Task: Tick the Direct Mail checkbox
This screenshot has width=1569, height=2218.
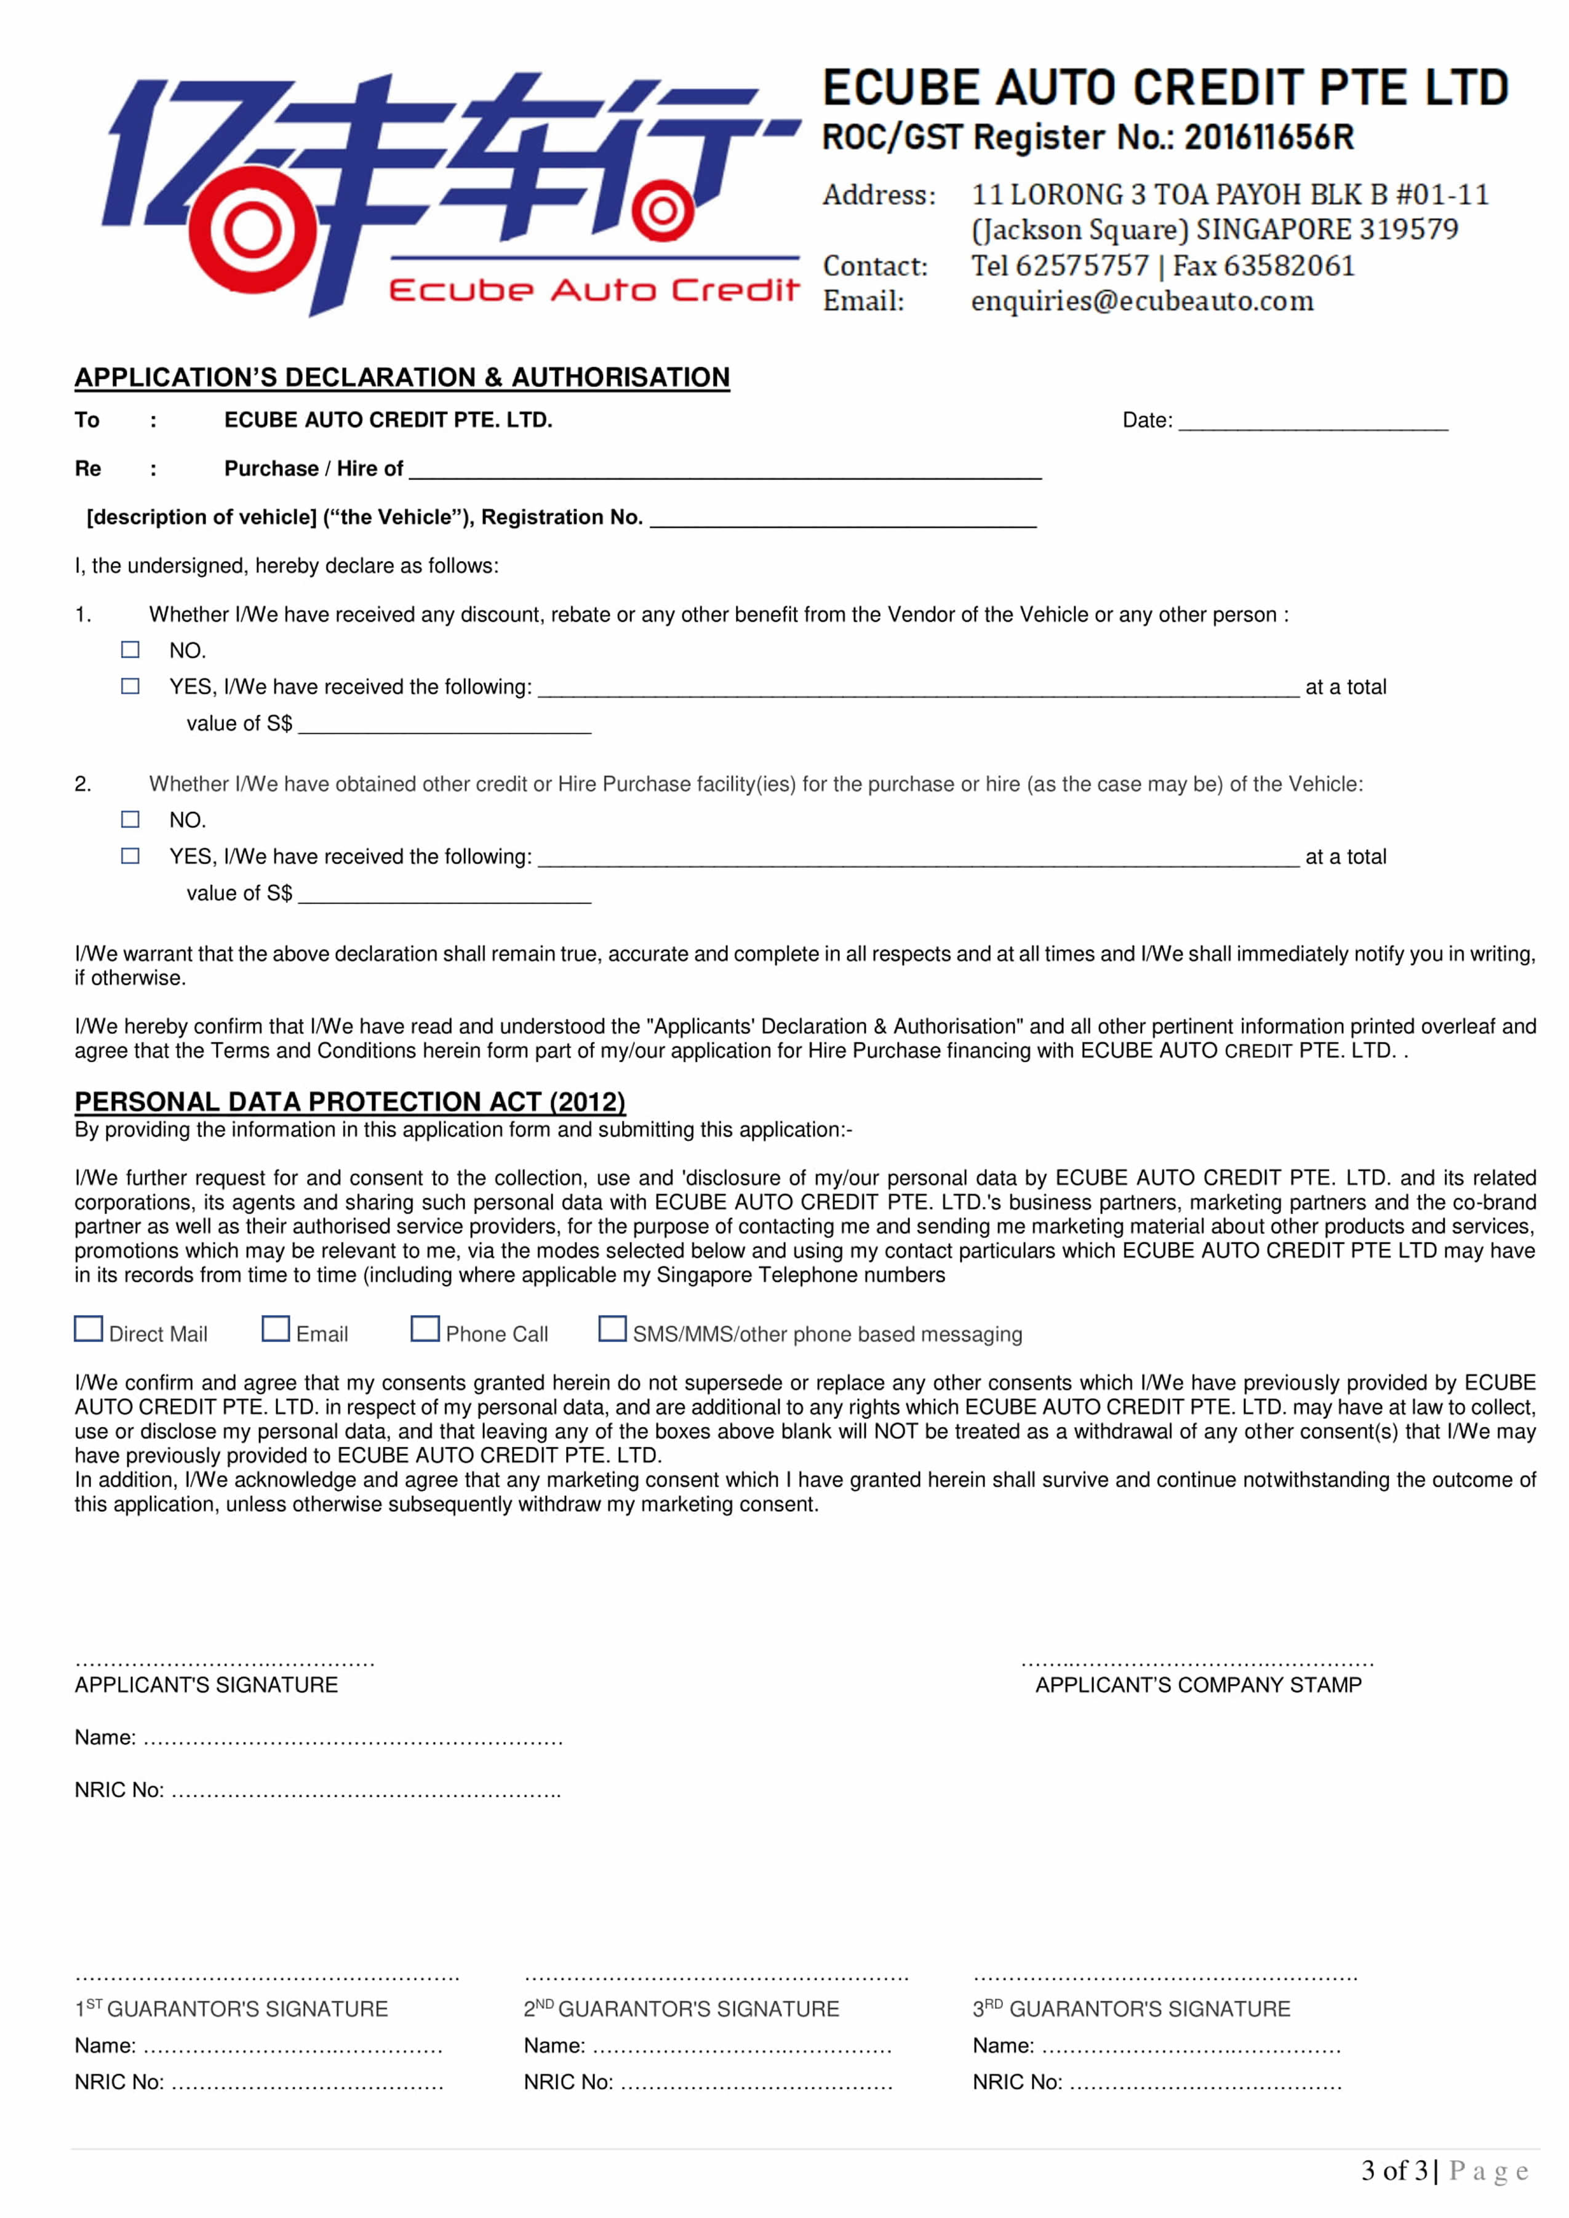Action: [89, 1329]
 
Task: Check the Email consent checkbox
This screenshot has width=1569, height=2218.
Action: [276, 1329]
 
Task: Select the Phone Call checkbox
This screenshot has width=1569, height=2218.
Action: [425, 1329]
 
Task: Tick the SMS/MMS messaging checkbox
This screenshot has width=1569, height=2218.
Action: [613, 1329]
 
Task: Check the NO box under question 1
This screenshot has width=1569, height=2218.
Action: [130, 650]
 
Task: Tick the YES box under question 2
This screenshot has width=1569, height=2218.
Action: [130, 856]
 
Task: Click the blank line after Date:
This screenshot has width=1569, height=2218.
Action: [1313, 422]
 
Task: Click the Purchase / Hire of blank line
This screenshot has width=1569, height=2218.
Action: [725, 471]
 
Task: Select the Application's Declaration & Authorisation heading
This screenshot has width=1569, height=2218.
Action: [402, 378]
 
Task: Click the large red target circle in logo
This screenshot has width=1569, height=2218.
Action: [252, 230]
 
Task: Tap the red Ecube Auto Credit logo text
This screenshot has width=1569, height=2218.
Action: [593, 290]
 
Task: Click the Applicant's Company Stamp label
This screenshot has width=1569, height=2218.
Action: [1198, 1685]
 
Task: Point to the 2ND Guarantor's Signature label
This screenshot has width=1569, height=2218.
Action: [681, 2009]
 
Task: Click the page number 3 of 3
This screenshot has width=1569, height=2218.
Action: [1394, 2172]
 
